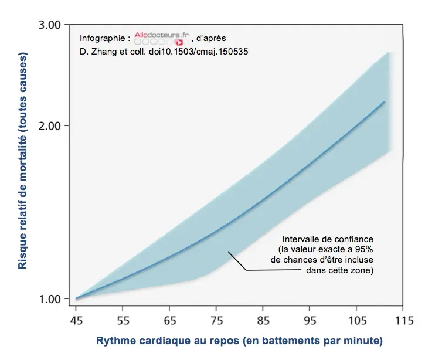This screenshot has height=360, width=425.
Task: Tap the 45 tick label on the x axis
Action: point(76,321)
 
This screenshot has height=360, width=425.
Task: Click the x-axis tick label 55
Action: point(123,321)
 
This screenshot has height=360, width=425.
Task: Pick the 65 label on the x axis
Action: point(169,321)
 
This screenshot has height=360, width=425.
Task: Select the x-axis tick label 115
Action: point(402,321)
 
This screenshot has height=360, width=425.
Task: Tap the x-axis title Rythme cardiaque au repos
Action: point(239,341)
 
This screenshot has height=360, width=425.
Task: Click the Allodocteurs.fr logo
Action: point(160,38)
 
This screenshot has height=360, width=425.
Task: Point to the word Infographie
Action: point(101,38)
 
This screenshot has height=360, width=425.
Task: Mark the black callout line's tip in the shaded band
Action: point(229,252)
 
